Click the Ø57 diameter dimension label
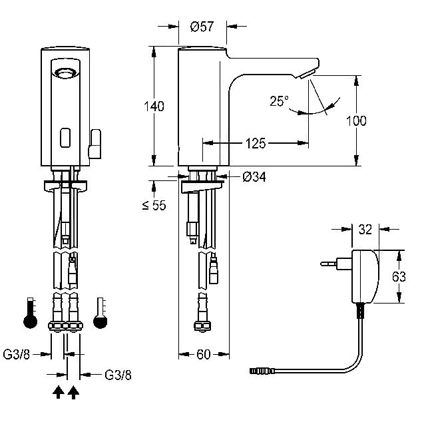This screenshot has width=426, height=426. (202, 27)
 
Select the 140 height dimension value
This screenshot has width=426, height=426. (154, 106)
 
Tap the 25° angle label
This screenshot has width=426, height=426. (279, 101)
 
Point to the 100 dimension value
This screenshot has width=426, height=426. (356, 120)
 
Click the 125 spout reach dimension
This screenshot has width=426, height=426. (256, 143)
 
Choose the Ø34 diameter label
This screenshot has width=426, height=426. (254, 177)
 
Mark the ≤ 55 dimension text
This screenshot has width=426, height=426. (154, 206)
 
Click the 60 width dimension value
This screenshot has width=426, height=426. (204, 354)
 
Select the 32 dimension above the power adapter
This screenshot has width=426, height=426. (365, 230)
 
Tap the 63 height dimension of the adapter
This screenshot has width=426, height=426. (399, 277)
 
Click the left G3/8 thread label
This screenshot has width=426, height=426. (16, 354)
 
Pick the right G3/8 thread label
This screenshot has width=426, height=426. (118, 375)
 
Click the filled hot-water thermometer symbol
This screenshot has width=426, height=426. (30, 313)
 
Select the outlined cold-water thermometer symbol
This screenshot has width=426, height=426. (101, 313)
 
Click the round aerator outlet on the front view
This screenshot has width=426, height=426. (65, 73)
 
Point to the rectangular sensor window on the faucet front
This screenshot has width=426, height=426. (65, 138)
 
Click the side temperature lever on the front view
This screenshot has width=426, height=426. (95, 144)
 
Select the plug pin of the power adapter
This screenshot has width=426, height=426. (329, 264)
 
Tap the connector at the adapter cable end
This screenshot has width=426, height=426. (262, 371)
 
